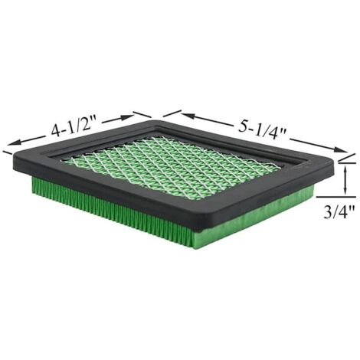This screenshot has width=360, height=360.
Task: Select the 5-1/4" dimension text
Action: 263,130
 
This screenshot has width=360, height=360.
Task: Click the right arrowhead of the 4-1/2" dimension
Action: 127,117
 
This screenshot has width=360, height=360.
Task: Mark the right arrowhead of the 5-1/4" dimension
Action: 339,150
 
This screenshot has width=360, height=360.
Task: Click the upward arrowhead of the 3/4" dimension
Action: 345,169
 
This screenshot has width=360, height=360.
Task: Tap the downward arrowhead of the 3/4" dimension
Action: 345,190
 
